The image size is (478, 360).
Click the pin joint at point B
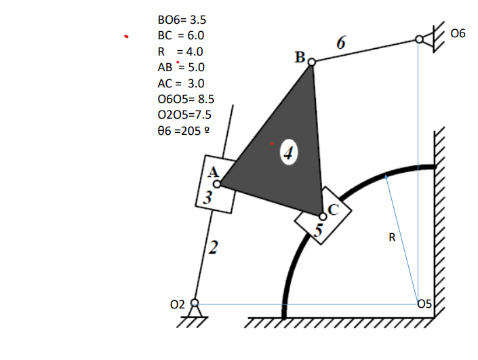(312, 62)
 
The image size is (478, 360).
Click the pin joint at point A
(217, 184)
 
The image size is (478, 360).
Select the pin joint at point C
(322, 216)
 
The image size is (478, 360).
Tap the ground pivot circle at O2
(195, 303)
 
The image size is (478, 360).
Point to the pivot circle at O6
(419, 41)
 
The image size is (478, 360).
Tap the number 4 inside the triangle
(290, 153)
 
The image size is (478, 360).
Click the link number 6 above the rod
(340, 43)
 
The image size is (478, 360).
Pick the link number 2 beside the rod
(213, 248)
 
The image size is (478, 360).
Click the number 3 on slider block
(208, 199)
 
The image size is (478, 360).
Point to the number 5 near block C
(319, 230)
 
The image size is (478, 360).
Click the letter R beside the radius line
(392, 238)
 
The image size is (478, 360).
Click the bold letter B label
(300, 57)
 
